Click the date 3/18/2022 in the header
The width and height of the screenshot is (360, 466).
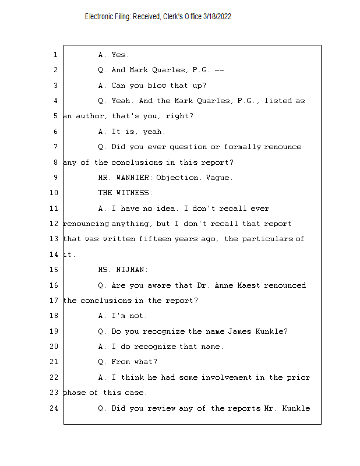[217, 17]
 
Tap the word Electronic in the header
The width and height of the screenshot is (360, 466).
[100, 17]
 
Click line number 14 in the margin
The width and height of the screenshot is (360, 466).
[54, 255]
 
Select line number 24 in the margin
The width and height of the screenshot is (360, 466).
[54, 408]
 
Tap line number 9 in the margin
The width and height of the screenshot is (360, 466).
[55, 178]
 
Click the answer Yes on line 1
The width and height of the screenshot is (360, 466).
[120, 55]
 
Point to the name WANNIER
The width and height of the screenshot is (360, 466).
[134, 178]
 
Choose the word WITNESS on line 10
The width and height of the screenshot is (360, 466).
[134, 193]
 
